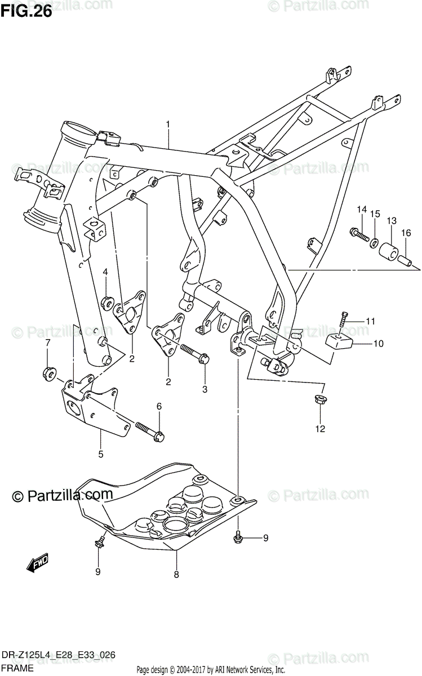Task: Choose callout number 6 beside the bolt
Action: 159,406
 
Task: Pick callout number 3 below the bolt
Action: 205,389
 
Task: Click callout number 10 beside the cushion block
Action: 377,343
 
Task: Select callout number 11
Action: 370,321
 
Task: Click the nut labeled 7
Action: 48,372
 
